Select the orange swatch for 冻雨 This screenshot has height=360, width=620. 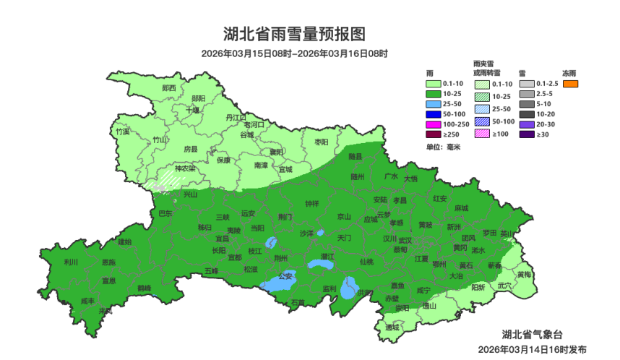point(570,84)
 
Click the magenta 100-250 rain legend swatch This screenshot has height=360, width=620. point(434,124)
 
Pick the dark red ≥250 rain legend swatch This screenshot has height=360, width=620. point(434,134)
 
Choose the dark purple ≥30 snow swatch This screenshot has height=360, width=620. point(526,134)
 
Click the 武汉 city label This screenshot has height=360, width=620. point(405,240)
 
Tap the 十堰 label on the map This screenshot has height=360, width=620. point(192,111)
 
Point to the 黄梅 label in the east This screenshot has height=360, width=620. point(524,275)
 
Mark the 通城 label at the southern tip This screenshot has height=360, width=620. point(392,327)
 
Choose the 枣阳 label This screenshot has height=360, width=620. point(321,142)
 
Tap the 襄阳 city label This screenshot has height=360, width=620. point(277,153)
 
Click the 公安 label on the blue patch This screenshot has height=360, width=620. point(285,276)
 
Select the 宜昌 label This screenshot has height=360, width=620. point(222,238)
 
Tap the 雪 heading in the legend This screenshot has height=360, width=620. point(522,74)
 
